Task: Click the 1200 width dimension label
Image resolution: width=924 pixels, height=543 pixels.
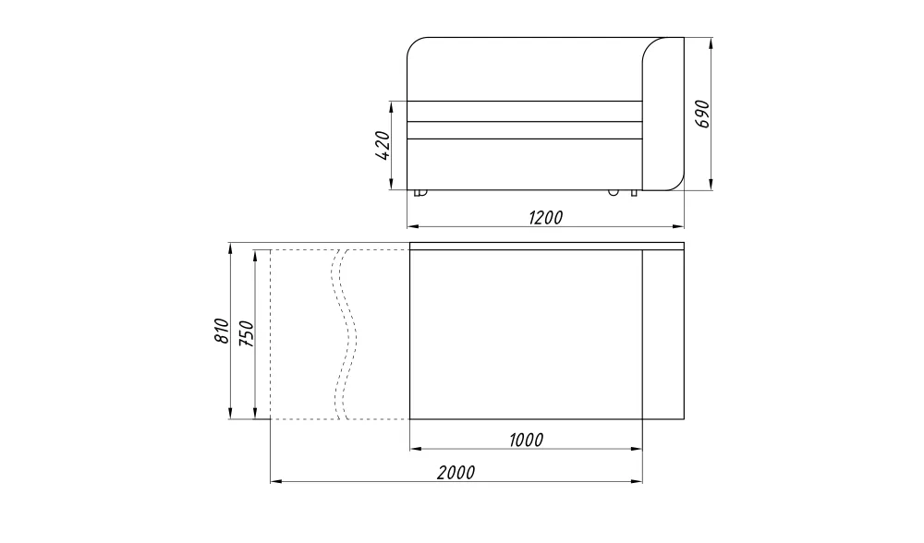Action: click(546, 218)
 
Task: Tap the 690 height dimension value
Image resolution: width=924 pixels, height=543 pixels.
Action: click(703, 114)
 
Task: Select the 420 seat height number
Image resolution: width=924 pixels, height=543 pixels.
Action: click(383, 146)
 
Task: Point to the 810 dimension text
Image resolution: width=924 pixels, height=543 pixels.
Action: click(221, 331)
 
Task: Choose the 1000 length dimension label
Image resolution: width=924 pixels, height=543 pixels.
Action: click(526, 440)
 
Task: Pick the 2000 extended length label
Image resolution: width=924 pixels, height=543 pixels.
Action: click(456, 473)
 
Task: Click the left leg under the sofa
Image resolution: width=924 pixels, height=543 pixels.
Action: click(419, 193)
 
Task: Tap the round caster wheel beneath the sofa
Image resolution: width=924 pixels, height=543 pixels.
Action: click(614, 192)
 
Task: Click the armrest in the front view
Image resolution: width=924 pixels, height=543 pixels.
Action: click(663, 115)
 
